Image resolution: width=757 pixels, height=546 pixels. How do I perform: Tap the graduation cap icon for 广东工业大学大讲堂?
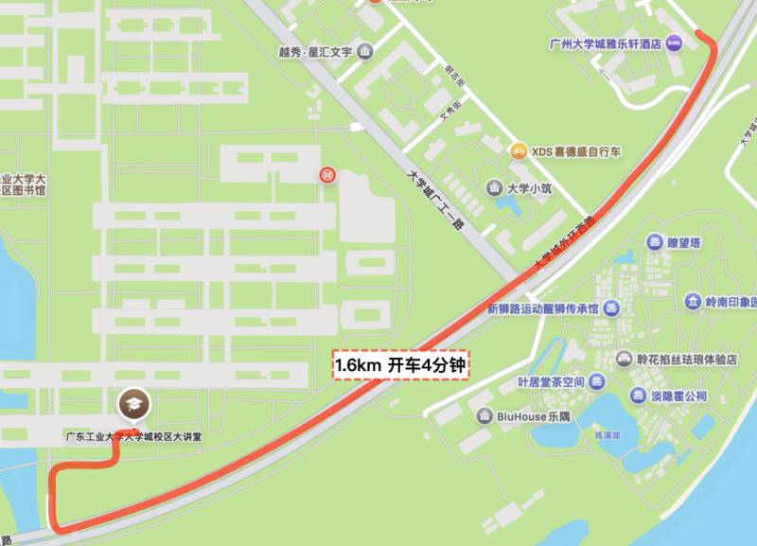pyautogui.click(x=132, y=406)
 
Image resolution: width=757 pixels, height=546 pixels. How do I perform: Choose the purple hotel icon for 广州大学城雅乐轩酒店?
pyautogui.click(x=674, y=43)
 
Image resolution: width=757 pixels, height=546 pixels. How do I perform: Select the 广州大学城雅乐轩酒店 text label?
pyautogui.click(x=605, y=44)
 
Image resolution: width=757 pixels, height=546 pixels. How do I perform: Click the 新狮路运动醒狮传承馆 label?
pyautogui.click(x=542, y=308)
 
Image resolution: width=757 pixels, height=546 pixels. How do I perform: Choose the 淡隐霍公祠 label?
pyautogui.click(x=677, y=396)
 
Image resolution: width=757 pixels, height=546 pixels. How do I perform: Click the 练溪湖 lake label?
pyautogui.click(x=605, y=435)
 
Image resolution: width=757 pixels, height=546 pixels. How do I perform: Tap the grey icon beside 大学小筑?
pyautogui.click(x=494, y=188)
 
